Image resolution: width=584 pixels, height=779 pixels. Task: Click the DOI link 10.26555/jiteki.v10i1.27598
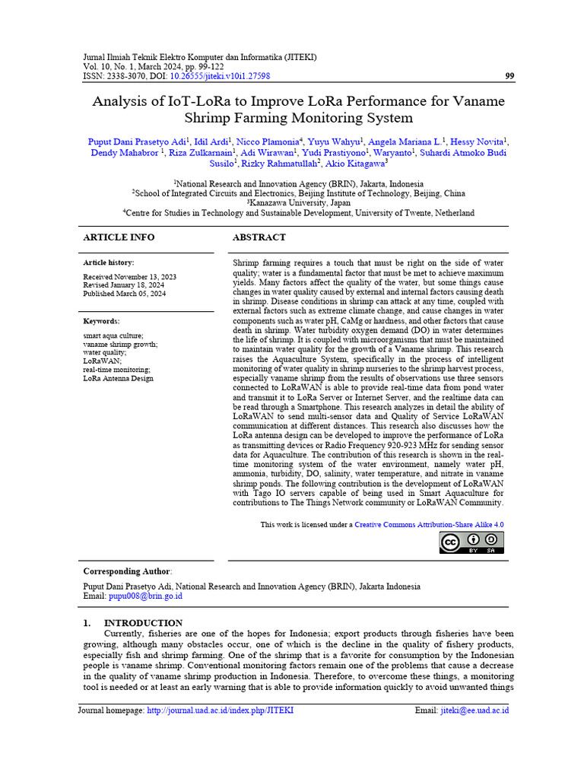point(220,76)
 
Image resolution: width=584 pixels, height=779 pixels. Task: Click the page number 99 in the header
point(509,76)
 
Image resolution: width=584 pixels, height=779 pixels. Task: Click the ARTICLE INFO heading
point(119,237)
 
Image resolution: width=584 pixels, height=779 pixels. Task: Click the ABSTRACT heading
point(259,237)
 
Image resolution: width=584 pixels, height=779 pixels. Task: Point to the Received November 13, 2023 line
point(129,277)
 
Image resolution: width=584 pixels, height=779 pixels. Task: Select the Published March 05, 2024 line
point(124,294)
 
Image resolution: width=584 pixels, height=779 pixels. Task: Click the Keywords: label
point(101,321)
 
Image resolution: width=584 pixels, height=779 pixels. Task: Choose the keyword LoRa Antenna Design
point(118,378)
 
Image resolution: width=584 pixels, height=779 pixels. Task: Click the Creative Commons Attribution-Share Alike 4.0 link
point(429,525)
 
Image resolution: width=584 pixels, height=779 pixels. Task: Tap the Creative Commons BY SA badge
point(471,542)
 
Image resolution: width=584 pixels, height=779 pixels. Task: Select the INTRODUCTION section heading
point(143,623)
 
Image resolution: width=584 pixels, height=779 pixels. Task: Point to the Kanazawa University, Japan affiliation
point(298,203)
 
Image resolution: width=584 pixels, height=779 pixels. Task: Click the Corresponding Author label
point(127,571)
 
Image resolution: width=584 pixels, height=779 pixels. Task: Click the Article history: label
point(109,262)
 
